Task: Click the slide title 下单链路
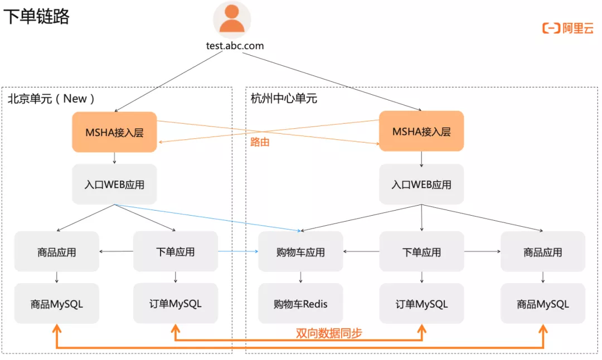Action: (x=36, y=17)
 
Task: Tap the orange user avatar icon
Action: (x=232, y=19)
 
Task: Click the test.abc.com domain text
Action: (x=235, y=46)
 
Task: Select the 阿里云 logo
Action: (x=568, y=28)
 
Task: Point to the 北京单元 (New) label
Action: (x=51, y=99)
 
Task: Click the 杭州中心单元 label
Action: (x=284, y=99)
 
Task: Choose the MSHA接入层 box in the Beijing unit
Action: (x=114, y=132)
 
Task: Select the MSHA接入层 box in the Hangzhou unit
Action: (x=421, y=132)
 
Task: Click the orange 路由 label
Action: (x=260, y=142)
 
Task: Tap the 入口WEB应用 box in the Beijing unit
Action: (x=114, y=184)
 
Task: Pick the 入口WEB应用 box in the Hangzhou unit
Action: (x=421, y=184)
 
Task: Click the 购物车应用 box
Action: (x=300, y=252)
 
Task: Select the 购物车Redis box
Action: (x=300, y=304)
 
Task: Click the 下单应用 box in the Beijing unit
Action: (x=176, y=251)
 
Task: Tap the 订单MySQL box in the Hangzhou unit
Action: (x=421, y=304)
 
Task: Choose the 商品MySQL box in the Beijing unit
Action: (x=57, y=304)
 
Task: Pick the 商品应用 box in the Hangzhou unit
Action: (x=543, y=252)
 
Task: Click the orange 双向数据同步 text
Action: (x=329, y=333)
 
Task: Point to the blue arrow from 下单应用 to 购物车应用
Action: (x=238, y=251)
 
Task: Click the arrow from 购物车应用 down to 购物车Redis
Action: (x=300, y=278)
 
